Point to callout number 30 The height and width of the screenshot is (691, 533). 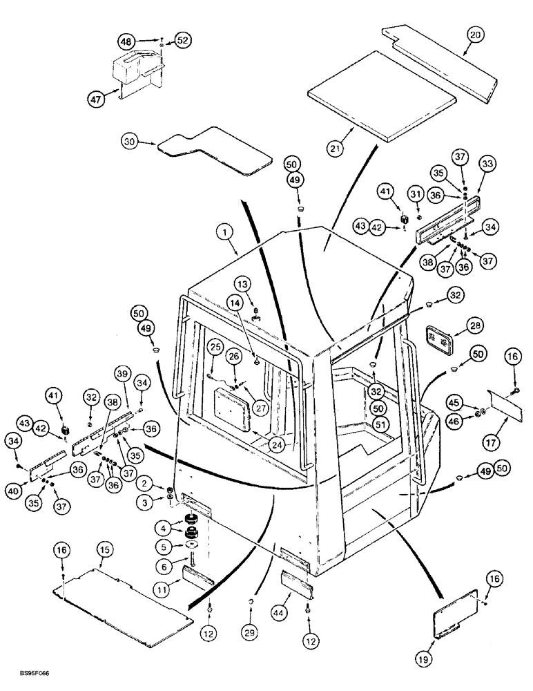(128, 142)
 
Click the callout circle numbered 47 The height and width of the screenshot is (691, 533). (97, 100)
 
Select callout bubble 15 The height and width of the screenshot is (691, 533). (104, 549)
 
